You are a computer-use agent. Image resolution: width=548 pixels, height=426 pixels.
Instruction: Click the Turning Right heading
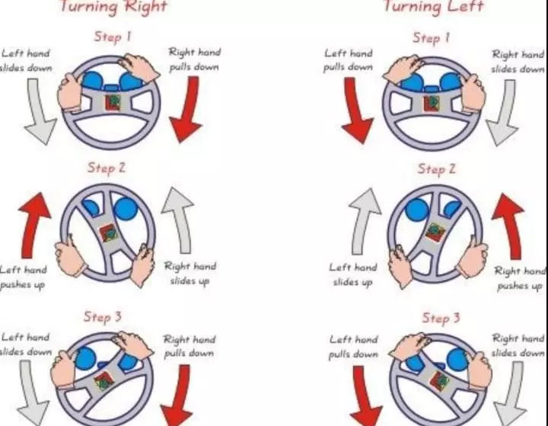tap(113, 6)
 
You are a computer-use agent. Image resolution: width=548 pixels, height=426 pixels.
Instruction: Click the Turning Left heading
tap(433, 6)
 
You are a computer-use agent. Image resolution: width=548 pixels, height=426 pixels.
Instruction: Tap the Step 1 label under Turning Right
tap(113, 37)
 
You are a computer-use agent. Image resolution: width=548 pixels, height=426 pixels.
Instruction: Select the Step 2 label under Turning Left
tap(437, 169)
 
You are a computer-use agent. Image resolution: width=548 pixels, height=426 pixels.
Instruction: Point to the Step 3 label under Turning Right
tap(103, 317)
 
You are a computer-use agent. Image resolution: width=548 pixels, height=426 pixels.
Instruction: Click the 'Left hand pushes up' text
tap(23, 277)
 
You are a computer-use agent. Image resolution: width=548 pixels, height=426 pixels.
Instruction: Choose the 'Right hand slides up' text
tap(190, 274)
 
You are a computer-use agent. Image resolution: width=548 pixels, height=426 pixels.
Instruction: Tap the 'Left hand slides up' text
tap(353, 274)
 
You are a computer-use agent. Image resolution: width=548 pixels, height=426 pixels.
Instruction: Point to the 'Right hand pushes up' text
tap(520, 278)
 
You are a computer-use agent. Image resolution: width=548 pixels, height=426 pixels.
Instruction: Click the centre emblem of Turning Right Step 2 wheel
tap(109, 233)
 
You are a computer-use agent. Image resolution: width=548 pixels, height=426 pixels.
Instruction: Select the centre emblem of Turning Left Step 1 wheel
tap(432, 104)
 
